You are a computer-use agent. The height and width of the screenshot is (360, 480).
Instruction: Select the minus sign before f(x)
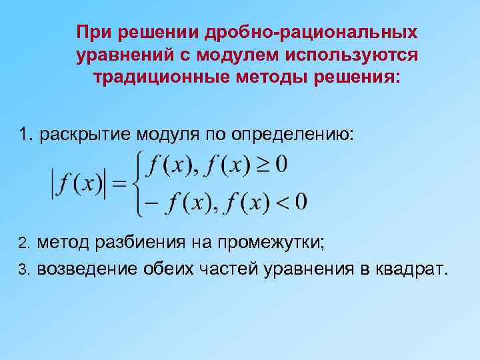tap(153, 201)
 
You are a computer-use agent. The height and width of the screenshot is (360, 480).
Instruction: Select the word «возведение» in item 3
tap(87, 269)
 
